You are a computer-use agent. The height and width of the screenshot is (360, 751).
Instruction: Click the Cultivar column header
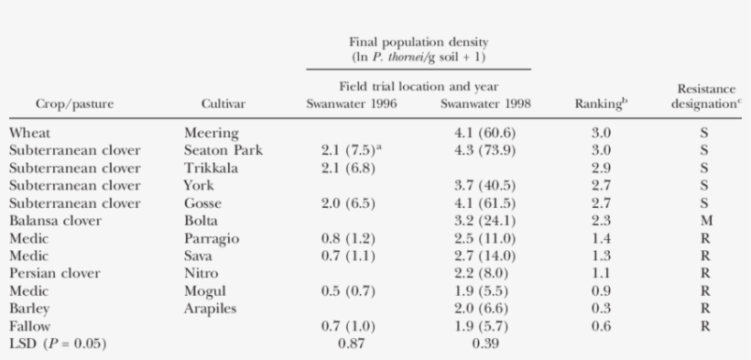pyautogui.click(x=221, y=104)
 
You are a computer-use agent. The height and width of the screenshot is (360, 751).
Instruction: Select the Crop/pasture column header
pyautogui.click(x=74, y=104)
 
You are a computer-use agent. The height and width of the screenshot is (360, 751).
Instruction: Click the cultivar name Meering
pyautogui.click(x=212, y=134)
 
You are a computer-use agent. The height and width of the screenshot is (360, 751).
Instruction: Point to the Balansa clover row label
pyautogui.click(x=58, y=221)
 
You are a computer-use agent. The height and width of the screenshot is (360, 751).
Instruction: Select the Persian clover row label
pyautogui.click(x=57, y=273)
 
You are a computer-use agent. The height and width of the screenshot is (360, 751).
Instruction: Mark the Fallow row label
pyautogui.click(x=30, y=325)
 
